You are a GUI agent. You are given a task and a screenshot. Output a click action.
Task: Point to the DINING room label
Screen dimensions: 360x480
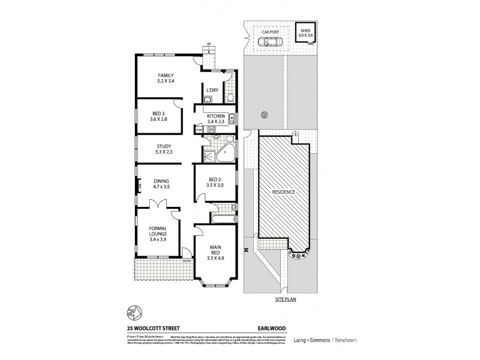(160, 181)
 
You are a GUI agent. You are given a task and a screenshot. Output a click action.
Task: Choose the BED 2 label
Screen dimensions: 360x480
(215, 179)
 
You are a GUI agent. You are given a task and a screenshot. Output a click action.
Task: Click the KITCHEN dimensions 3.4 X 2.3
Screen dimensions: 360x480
(216, 122)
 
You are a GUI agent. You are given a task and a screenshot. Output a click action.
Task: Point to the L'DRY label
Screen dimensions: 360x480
(211, 91)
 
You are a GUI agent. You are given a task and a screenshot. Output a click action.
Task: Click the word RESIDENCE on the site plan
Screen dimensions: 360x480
(283, 191)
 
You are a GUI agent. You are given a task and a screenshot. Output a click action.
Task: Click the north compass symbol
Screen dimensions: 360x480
(134, 312)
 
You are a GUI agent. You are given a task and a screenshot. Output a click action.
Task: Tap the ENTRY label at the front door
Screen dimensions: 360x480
(187, 260)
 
